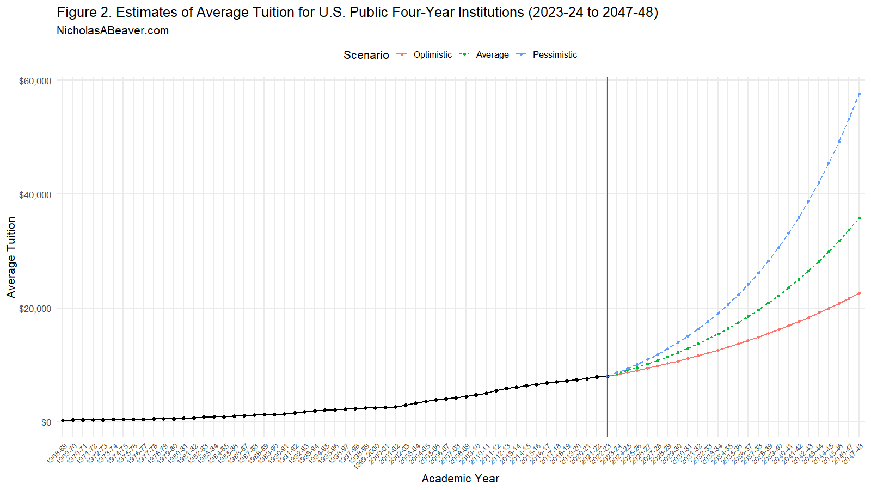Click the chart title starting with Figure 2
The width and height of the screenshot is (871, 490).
357,13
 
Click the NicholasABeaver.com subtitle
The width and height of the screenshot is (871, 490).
113,31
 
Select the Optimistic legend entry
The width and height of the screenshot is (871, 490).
432,55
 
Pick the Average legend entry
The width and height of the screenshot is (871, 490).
492,55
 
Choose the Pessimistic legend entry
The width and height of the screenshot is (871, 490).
554,55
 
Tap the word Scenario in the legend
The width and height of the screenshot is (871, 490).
366,55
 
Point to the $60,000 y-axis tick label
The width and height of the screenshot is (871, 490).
35,81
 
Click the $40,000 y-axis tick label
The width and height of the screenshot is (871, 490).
35,195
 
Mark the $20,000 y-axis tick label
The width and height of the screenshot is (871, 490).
35,309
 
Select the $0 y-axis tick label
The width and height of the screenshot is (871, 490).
46,422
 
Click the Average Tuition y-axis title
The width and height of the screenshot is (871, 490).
11,257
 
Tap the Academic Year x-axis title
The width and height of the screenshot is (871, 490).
460,479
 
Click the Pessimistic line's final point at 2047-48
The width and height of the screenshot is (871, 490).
859,94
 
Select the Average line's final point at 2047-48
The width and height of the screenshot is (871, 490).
859,218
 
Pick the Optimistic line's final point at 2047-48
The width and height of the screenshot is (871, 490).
859,293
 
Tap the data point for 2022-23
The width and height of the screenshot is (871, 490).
607,376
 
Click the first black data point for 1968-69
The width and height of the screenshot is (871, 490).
63,420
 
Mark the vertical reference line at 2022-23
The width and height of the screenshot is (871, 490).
607,218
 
